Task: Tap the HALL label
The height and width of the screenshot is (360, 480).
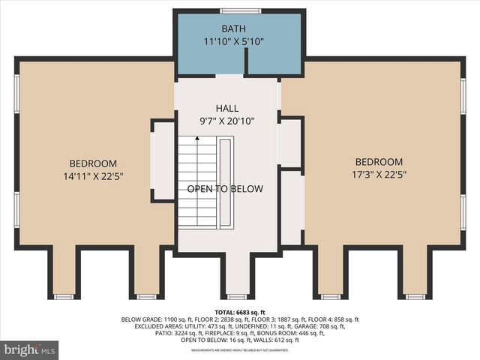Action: coord(226,108)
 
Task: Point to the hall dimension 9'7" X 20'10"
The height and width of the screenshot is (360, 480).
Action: coord(226,120)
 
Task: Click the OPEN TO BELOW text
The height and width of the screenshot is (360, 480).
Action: coord(225,189)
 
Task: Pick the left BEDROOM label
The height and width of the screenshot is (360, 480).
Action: coord(94,163)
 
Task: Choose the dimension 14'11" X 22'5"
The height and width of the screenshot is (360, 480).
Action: coord(94,176)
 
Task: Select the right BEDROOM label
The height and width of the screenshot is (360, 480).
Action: coord(379,162)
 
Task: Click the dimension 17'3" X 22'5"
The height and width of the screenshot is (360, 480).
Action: coord(379,174)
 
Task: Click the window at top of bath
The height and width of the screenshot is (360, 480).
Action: coord(241,10)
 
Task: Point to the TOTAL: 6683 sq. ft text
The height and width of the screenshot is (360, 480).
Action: coord(240,311)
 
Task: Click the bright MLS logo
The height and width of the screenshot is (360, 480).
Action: coord(30,349)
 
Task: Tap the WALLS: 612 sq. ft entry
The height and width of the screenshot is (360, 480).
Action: coord(276,340)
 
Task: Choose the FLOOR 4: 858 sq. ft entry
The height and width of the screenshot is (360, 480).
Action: coord(331,319)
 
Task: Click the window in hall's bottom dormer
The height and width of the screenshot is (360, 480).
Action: coord(237,297)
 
